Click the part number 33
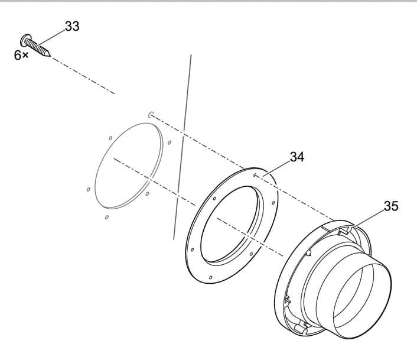coord(71,27)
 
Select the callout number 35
coord(391,206)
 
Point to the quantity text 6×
coord(21,55)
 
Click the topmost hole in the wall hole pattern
coord(151,114)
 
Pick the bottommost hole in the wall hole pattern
coord(106,218)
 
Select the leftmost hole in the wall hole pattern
coord(88,190)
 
